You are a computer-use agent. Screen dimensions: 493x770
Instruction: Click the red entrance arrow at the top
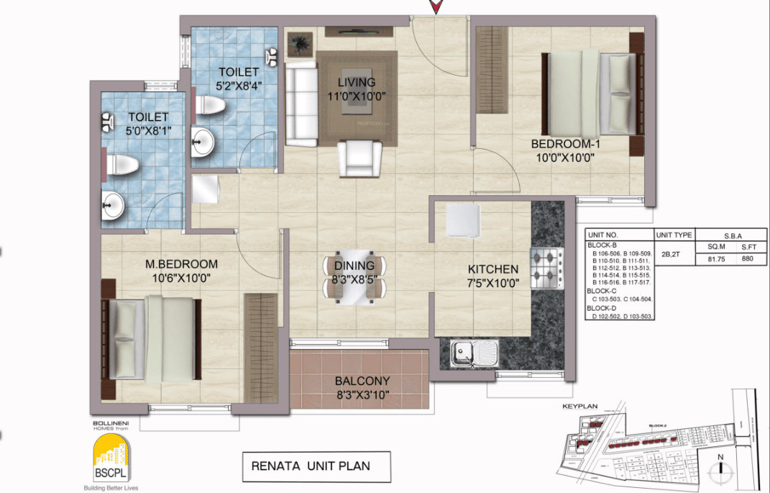(x=436, y=7)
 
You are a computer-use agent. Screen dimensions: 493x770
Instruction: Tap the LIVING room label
(x=357, y=82)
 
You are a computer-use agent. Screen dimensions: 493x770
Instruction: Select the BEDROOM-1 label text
(x=567, y=143)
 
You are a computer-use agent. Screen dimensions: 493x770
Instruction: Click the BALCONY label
(x=362, y=381)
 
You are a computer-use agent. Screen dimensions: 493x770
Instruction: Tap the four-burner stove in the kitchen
(x=546, y=268)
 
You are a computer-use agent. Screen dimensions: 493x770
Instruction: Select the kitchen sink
(x=475, y=353)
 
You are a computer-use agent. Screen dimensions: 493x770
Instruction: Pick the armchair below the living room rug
(x=359, y=158)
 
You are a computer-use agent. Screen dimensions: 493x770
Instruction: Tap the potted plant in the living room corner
(x=300, y=44)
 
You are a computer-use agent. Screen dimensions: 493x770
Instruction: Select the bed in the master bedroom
(x=152, y=340)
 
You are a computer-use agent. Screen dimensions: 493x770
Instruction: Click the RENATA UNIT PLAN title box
(x=316, y=466)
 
